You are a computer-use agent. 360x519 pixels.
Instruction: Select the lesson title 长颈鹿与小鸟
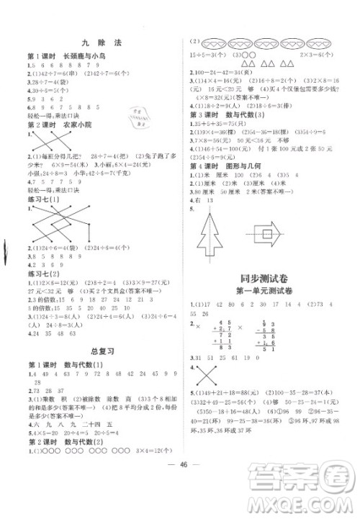(x=79, y=56)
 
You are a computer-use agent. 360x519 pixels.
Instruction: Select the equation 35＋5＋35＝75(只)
(x=223, y=124)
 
